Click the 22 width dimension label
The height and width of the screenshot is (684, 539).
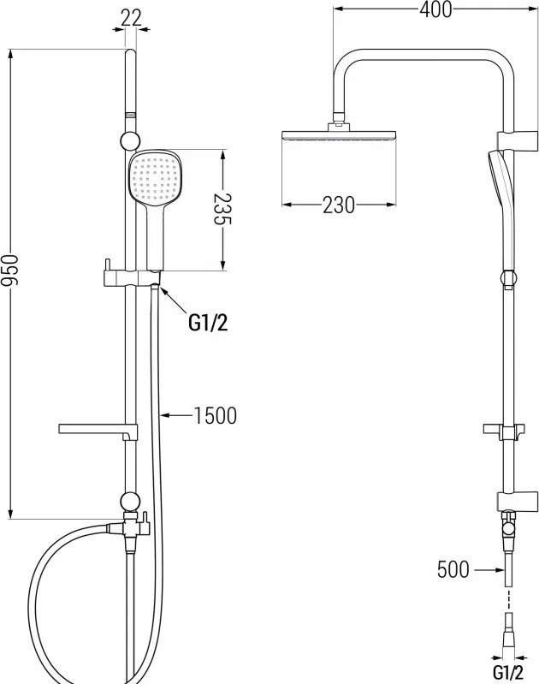pyautogui.click(x=131, y=18)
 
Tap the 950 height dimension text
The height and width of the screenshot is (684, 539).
pyautogui.click(x=9, y=271)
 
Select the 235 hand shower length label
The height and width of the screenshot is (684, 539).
pyautogui.click(x=222, y=209)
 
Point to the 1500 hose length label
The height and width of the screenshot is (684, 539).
pyautogui.click(x=215, y=415)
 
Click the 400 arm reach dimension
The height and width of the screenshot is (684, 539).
pyautogui.click(x=435, y=9)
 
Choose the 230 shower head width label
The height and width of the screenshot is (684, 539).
pyautogui.click(x=339, y=205)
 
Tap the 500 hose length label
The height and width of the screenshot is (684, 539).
pyautogui.click(x=453, y=569)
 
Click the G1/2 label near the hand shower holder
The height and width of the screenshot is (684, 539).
pyautogui.click(x=208, y=323)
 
